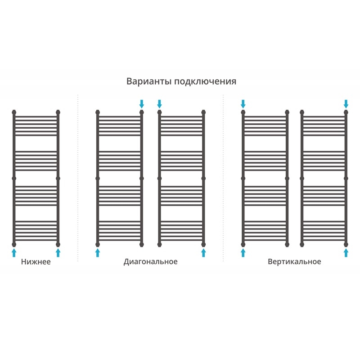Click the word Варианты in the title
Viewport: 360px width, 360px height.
pyautogui.click(x=149, y=81)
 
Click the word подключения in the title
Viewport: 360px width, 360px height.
pyautogui.click(x=205, y=82)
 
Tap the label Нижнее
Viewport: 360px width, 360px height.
pyautogui.click(x=36, y=262)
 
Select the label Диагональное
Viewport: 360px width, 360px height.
pyautogui.click(x=151, y=262)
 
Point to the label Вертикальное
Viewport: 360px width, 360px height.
pyautogui.click(x=294, y=262)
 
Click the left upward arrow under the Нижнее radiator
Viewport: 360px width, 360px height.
pyautogui.click(x=14, y=252)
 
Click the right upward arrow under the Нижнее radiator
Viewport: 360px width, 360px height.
pyautogui.click(x=58, y=252)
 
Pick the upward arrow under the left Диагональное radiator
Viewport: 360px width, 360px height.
pyautogui.click(x=98, y=252)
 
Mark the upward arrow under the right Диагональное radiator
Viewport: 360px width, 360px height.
pyautogui.click(x=203, y=252)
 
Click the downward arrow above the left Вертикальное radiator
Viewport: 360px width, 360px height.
pyautogui.click(x=243, y=104)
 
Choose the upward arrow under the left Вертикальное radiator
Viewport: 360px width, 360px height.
pyautogui.click(x=243, y=252)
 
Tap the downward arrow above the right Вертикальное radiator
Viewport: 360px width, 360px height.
pyautogui.click(x=346, y=104)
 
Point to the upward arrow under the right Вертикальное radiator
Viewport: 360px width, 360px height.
pyautogui.click(x=346, y=252)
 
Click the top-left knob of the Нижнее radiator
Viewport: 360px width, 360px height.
pyautogui.click(x=14, y=112)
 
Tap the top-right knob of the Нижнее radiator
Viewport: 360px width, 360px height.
pyautogui.click(x=58, y=112)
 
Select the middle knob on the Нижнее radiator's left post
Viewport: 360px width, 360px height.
pyautogui.click(x=14, y=178)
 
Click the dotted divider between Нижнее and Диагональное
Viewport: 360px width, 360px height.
pyautogui.click(x=78, y=178)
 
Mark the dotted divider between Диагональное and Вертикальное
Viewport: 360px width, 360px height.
pyautogui.click(x=223, y=178)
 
